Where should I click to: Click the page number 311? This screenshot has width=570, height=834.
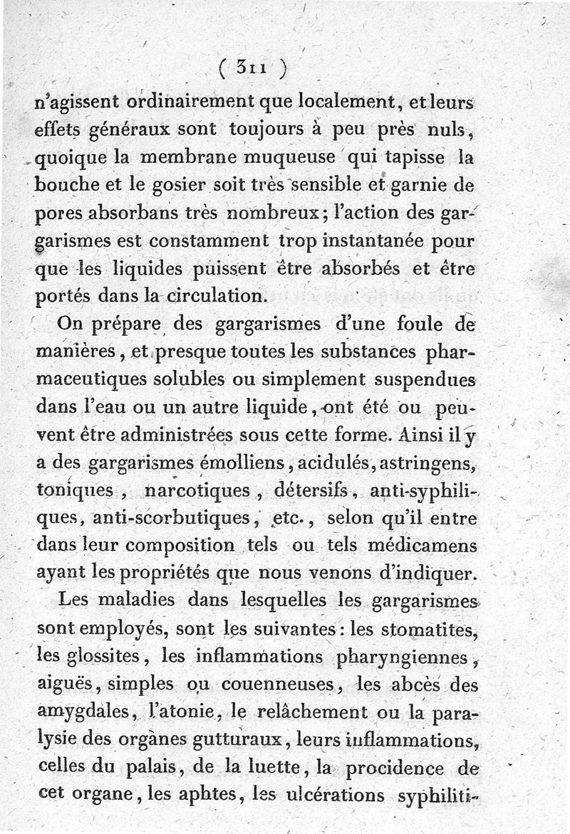tap(253, 69)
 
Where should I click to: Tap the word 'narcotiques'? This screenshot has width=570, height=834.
tap(197, 490)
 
